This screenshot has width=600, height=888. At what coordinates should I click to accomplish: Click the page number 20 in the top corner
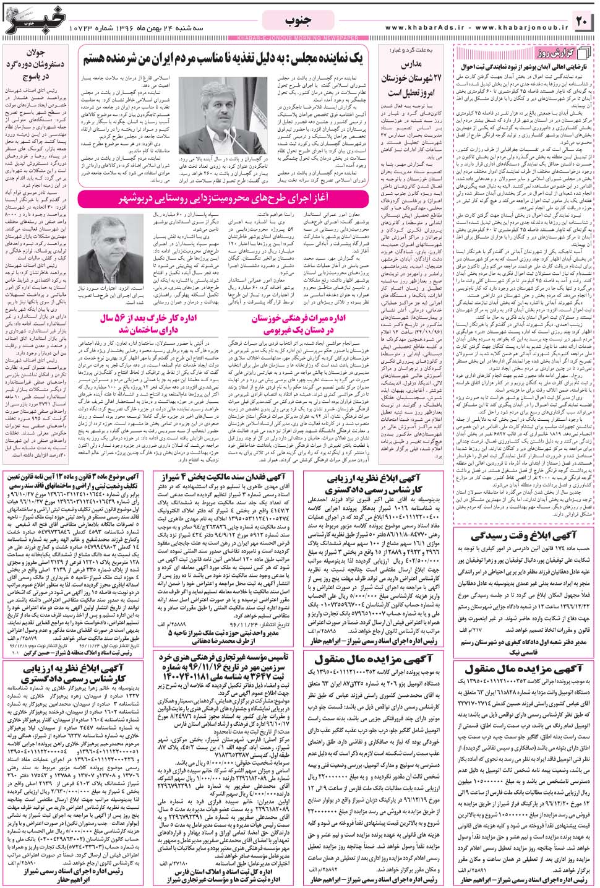tap(581, 21)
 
